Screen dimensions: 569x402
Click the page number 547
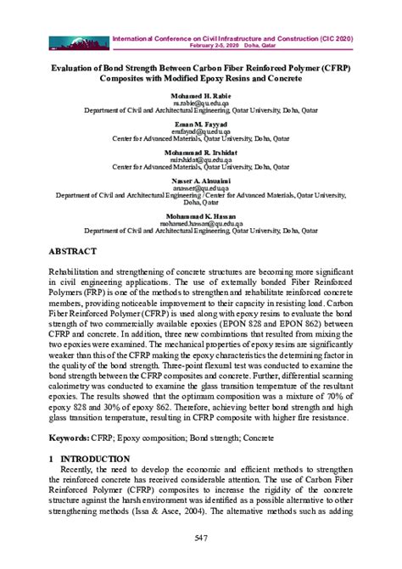click(201, 538)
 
